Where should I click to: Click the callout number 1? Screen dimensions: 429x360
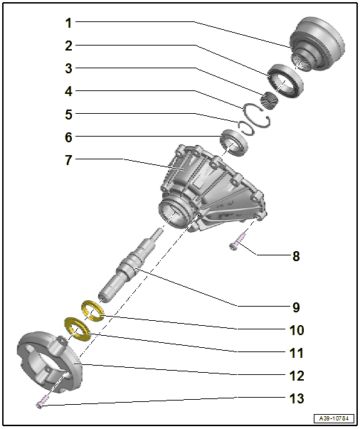point(68,23)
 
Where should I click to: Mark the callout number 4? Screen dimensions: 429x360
point(68,91)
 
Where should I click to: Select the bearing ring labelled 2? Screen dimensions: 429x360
point(285,79)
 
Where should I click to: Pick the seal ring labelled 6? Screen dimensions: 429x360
point(233,141)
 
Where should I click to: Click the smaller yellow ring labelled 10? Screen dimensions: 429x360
point(92,309)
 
